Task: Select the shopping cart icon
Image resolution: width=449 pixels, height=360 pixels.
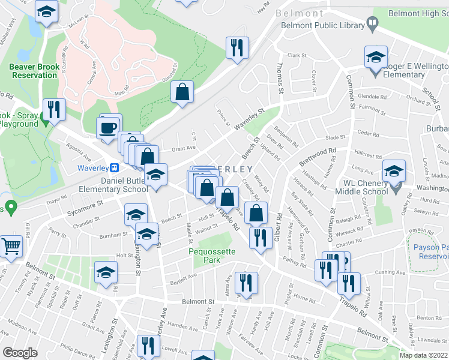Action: (11, 245)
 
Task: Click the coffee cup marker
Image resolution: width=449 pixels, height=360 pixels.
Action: (108, 128)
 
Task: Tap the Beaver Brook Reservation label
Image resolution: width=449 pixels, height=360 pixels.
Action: (33, 71)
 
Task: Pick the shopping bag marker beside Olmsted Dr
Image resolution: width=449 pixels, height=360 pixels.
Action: (181, 92)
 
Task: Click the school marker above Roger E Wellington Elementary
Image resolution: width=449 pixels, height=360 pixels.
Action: (376, 58)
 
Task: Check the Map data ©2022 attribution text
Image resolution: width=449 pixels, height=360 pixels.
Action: (424, 355)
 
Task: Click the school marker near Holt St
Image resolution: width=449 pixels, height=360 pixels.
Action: (106, 273)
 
